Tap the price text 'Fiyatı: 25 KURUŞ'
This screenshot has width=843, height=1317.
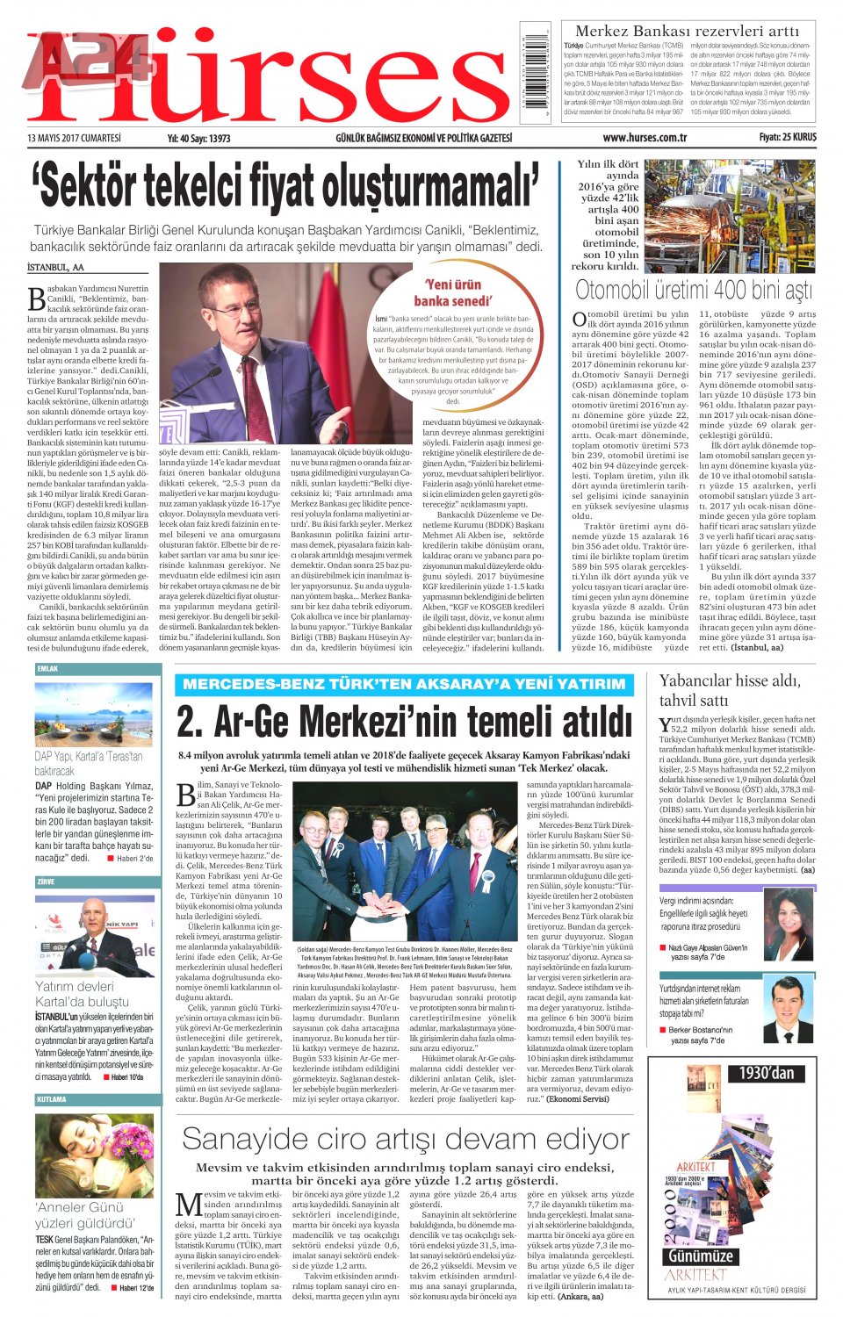click(x=787, y=137)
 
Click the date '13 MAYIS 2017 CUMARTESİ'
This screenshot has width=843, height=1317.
click(x=74, y=138)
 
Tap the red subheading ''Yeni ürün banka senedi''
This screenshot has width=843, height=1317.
click(x=452, y=292)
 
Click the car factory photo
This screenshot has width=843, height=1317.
click(x=730, y=216)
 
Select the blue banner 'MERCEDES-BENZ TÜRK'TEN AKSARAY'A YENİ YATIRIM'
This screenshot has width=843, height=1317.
click(x=404, y=684)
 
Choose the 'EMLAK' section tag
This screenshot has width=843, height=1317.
click(x=47, y=669)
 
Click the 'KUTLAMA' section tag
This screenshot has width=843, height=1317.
click(x=51, y=1098)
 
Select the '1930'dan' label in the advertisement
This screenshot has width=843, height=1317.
click(x=766, y=1072)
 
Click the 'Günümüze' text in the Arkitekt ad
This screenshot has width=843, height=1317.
click(x=700, y=1256)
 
